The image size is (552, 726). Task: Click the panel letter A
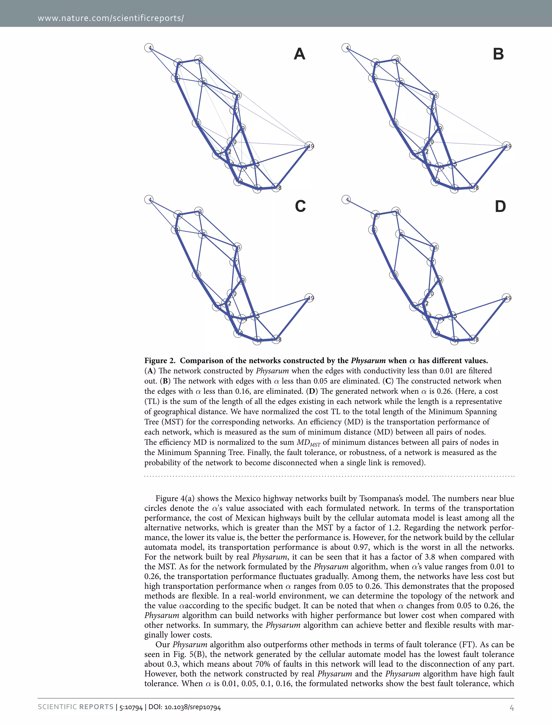click(x=299, y=54)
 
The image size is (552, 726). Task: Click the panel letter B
click(x=498, y=54)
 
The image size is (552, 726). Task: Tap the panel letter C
click(x=300, y=206)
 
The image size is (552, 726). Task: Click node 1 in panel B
click(x=346, y=48)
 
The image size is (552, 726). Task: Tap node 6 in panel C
click(x=237, y=247)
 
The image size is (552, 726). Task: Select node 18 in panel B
click(x=474, y=188)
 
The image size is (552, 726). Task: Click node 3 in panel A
click(x=198, y=60)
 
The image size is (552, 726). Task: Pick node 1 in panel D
click(x=346, y=200)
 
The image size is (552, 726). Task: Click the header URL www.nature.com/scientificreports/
click(x=111, y=18)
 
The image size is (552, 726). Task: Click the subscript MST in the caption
click(x=315, y=445)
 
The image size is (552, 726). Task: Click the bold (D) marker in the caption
click(x=312, y=391)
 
